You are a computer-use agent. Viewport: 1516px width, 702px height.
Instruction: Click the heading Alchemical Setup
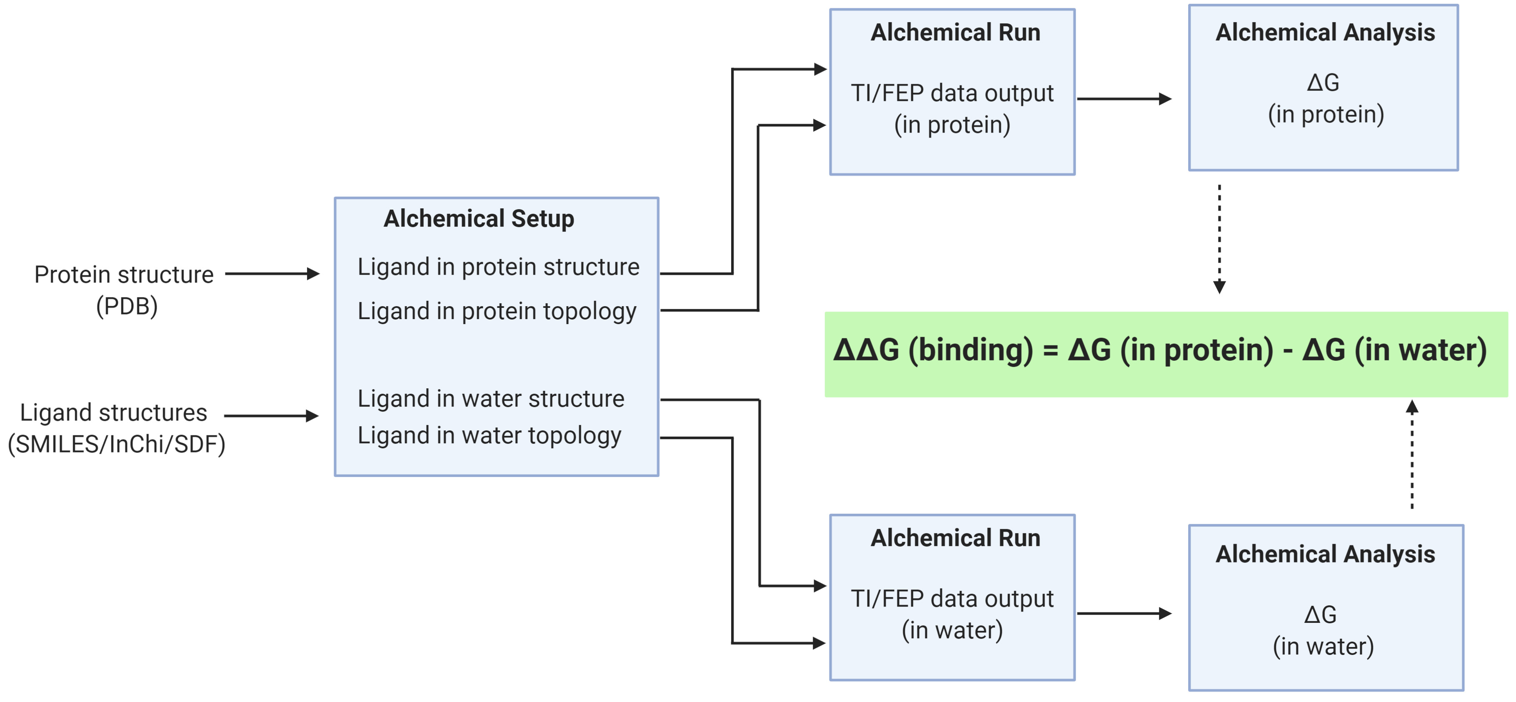pos(478,219)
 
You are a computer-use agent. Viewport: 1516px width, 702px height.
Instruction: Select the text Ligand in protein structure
pos(499,267)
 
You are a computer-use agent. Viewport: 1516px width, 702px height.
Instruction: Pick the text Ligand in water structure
pos(491,399)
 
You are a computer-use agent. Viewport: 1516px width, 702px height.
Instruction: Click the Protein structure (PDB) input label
pos(124,290)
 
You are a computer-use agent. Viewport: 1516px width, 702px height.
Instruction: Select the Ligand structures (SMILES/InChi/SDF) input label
pos(116,428)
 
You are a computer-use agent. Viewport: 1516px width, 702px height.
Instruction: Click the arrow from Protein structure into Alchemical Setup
pos(272,274)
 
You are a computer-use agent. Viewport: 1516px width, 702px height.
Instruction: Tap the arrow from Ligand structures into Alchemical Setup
pos(271,416)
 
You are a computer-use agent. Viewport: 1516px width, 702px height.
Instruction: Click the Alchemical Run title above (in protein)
pos(955,32)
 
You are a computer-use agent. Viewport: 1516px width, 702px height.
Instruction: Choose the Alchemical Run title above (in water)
pos(955,538)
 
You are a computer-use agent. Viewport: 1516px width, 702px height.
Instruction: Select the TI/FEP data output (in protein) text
pos(952,109)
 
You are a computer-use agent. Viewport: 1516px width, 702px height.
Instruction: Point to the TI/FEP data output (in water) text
pos(952,615)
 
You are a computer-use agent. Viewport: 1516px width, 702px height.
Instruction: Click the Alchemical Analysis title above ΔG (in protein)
pos(1325,32)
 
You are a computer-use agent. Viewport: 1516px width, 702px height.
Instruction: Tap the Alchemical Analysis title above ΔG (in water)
pos(1325,554)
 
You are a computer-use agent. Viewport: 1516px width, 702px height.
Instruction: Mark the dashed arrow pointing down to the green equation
pos(1219,240)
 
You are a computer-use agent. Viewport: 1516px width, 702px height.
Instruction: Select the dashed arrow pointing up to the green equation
pos(1412,454)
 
